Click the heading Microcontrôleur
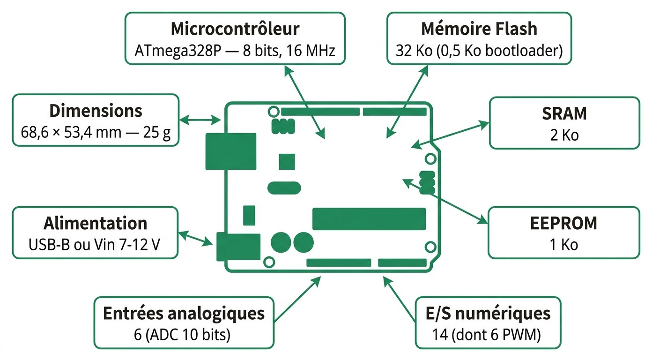click(x=235, y=29)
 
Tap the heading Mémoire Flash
click(x=479, y=29)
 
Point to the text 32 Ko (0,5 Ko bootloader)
click(x=479, y=50)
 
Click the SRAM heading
click(x=564, y=113)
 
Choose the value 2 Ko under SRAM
click(x=564, y=135)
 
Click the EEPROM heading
click(x=563, y=224)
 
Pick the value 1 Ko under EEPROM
click(x=563, y=245)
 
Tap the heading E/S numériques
click(x=488, y=313)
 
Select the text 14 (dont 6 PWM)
click(x=488, y=335)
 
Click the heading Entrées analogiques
click(x=184, y=313)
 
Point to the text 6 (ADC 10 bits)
click(x=184, y=335)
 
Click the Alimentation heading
click(x=95, y=223)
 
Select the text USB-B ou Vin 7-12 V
click(x=95, y=244)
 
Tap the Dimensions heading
click(x=95, y=111)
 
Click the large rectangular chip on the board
click(x=369, y=219)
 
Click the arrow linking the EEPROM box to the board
click(x=445, y=199)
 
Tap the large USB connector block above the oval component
click(x=230, y=151)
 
